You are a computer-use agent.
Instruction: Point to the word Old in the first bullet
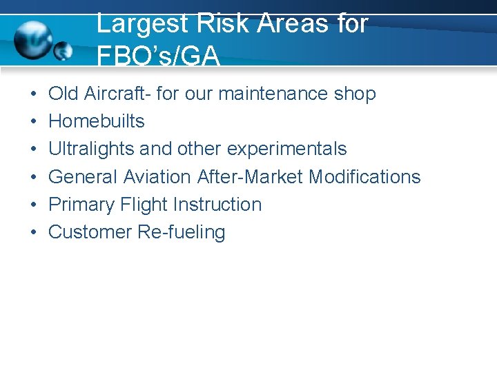pos(64,94)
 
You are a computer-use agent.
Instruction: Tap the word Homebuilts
pos(96,121)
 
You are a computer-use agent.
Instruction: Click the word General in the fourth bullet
pos(83,177)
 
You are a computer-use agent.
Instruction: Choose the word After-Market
pos(250,177)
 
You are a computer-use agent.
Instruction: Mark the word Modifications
pos(364,177)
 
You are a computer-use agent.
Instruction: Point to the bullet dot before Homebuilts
pos(34,122)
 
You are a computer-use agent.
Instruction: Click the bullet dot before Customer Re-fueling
pos(34,233)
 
